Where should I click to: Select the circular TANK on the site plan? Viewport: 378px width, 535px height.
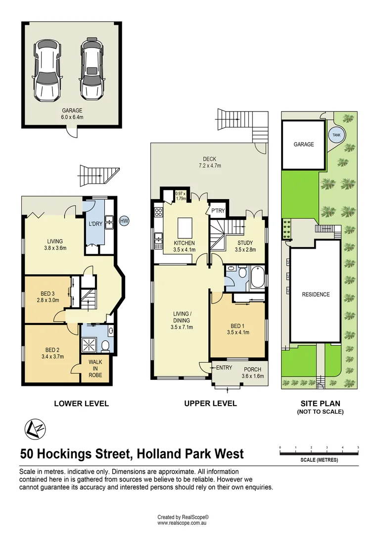pos(336,135)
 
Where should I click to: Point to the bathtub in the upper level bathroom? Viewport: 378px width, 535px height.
pos(258,277)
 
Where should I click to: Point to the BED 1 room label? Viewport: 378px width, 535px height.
pos(237,325)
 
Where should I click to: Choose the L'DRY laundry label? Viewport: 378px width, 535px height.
pos(95,224)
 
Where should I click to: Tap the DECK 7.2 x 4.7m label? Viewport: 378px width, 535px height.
pos(210,162)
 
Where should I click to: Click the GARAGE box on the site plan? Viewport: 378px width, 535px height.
pos(304,145)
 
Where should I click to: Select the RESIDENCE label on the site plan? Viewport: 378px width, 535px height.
pos(316,294)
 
